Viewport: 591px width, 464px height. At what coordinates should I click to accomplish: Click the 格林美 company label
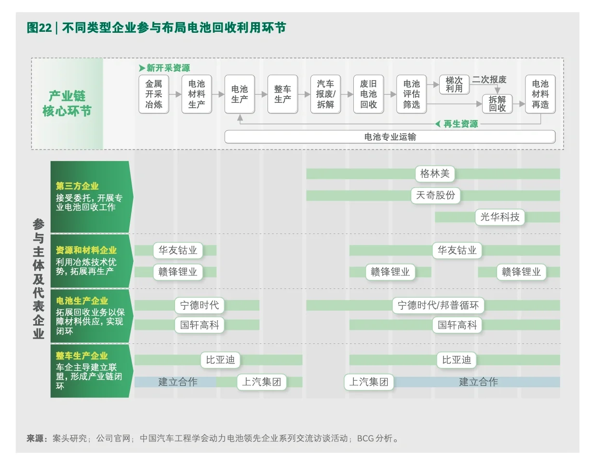(434, 174)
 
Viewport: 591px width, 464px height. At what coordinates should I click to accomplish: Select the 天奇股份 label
(435, 195)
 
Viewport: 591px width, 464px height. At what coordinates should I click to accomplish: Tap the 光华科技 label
(500, 217)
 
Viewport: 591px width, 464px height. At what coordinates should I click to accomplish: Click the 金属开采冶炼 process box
(154, 94)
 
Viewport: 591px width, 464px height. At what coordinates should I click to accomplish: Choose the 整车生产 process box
(282, 94)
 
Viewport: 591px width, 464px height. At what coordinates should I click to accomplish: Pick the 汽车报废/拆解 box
(325, 94)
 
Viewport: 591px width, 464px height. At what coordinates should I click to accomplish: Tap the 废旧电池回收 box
(368, 94)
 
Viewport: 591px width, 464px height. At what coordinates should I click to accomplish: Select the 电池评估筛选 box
(411, 94)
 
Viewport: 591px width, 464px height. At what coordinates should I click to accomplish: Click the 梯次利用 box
(454, 85)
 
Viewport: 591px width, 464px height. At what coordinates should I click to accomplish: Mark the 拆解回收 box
(497, 104)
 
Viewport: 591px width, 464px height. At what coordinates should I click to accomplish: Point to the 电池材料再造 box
(540, 94)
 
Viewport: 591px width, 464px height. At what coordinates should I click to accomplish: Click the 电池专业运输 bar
(390, 137)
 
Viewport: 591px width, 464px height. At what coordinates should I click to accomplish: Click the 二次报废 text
(489, 80)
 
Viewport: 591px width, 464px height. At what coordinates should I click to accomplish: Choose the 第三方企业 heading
(77, 186)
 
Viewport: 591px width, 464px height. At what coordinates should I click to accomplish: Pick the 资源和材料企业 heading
(86, 250)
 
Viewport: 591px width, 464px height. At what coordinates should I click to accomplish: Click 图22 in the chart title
(39, 28)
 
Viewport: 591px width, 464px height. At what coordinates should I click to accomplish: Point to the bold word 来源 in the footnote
(37, 438)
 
